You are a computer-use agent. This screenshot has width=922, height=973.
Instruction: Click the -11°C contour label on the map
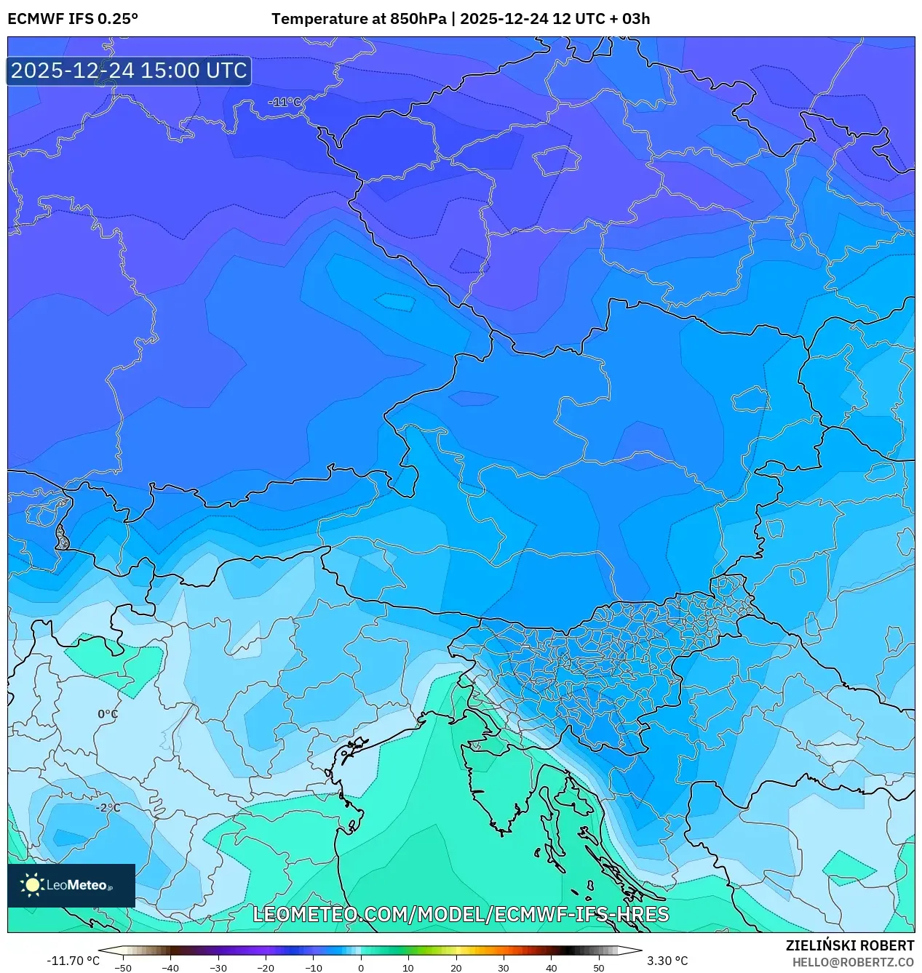[x=285, y=103]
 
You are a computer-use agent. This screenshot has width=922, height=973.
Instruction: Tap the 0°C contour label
[x=108, y=714]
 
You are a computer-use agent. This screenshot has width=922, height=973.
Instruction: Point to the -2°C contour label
[x=108, y=808]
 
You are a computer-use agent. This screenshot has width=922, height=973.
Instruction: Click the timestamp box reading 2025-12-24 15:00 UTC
[x=129, y=71]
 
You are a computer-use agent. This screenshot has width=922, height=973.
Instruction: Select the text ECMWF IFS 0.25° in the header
[x=73, y=19]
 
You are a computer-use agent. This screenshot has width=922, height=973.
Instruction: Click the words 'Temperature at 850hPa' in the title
[x=359, y=19]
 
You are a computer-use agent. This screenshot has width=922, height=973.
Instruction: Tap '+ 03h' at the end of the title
[x=630, y=19]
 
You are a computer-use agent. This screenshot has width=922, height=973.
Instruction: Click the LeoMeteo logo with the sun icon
[x=71, y=885]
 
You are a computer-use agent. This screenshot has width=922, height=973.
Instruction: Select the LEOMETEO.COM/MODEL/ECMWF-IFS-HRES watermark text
[x=461, y=914]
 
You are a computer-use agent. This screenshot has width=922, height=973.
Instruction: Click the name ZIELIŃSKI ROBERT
[x=849, y=945]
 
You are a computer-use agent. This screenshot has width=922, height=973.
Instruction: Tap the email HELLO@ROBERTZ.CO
[x=853, y=962]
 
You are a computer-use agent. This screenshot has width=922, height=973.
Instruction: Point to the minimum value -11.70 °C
[x=73, y=961]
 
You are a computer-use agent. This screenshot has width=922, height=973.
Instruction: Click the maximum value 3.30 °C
[x=667, y=961]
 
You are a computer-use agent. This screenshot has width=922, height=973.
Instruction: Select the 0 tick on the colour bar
[x=361, y=968]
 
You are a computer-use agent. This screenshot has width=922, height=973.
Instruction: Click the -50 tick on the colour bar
[x=123, y=968]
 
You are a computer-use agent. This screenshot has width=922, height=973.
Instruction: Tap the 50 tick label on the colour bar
[x=598, y=968]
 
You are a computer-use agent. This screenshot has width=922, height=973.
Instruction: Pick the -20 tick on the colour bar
[x=266, y=968]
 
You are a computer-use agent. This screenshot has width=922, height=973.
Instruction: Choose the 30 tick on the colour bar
[x=504, y=968]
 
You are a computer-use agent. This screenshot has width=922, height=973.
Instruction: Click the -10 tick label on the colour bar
[x=313, y=968]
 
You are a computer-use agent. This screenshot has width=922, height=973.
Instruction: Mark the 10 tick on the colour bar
[x=408, y=968]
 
